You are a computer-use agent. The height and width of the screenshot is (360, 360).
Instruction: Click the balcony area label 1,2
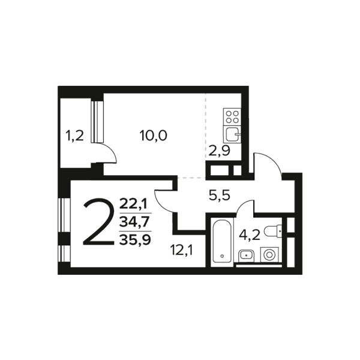coord(74,136)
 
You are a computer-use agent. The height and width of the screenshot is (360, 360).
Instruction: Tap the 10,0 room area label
coord(154,136)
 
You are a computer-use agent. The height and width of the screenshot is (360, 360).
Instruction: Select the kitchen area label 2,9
coord(219,151)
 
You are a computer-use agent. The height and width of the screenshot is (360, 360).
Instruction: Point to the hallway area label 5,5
coord(220,196)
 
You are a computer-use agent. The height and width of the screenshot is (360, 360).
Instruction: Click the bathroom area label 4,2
coord(250,235)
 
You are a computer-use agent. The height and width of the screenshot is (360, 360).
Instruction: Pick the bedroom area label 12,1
coord(182,250)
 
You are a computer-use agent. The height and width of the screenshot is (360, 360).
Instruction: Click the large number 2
coord(99,222)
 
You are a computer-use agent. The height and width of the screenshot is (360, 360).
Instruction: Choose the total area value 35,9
coord(135,240)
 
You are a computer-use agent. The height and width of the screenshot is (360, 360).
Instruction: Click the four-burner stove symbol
coord(232,117)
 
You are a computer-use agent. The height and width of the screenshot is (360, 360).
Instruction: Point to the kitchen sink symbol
coord(232,134)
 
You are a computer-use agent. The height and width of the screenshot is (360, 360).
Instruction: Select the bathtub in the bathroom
coord(222,242)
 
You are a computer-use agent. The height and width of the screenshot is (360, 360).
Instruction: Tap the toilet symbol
coord(273,231)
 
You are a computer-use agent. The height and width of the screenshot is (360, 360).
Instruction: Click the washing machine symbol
coord(269,254)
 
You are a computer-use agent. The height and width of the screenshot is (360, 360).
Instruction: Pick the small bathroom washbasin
coord(246,256)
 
